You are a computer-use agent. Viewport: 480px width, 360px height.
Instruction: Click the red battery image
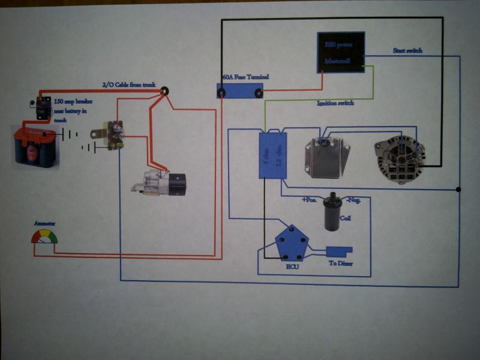(x=37, y=145)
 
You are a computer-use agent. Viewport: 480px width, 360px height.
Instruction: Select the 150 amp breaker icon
(x=42, y=107)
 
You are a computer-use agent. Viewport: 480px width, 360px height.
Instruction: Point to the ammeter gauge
(x=45, y=238)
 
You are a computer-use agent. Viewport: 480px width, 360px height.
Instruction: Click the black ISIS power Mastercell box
(x=340, y=52)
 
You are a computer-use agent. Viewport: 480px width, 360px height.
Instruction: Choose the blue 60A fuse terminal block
(x=240, y=91)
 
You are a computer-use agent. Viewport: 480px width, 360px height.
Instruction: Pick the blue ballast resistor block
(x=273, y=155)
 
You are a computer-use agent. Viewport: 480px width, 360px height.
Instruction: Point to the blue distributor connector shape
(x=340, y=251)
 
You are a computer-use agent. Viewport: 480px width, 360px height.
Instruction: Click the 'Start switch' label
(x=407, y=50)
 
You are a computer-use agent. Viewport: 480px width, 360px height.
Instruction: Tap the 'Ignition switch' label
(x=335, y=103)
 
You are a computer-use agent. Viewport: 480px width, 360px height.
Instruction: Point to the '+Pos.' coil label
(x=309, y=199)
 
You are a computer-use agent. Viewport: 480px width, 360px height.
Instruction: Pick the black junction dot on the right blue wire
(x=459, y=190)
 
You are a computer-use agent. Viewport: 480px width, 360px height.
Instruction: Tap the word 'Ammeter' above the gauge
(x=44, y=223)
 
